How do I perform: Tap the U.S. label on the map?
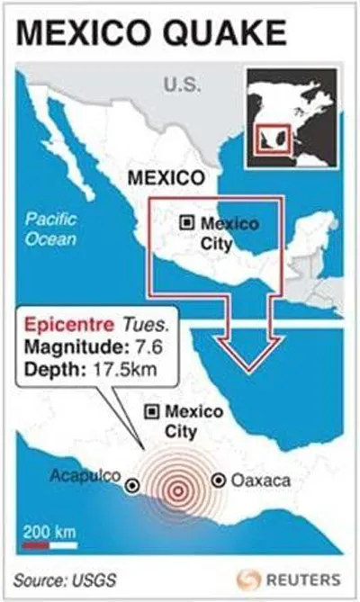(182, 85)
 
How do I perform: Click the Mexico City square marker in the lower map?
(152, 411)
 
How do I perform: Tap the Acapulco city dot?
(133, 486)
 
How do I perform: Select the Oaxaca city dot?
(217, 481)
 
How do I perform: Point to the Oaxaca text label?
(261, 481)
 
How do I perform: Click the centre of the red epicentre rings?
(177, 490)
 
